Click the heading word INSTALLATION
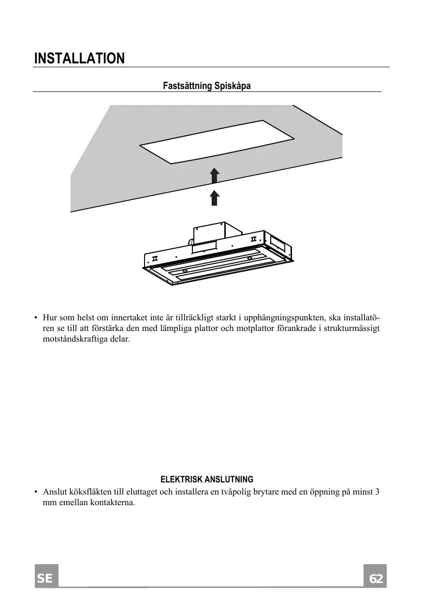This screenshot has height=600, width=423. (x=80, y=59)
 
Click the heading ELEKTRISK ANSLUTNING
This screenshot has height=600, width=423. (x=206, y=480)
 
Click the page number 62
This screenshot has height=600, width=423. (x=376, y=579)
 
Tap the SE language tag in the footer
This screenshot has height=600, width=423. (x=46, y=579)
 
